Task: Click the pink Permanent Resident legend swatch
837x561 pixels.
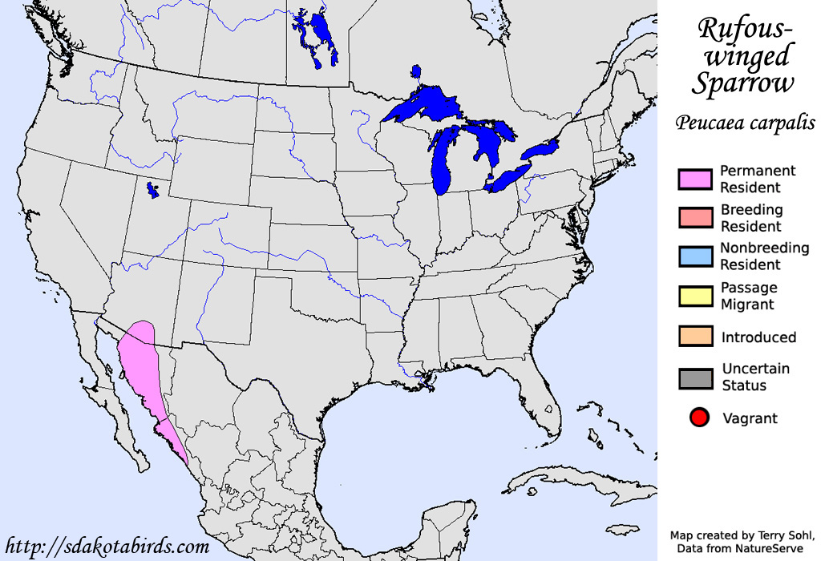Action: pyautogui.click(x=694, y=180)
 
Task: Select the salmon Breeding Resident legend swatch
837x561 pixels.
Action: pyautogui.click(x=694, y=218)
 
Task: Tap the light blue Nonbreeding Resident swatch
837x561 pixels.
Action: pyautogui.click(x=694, y=256)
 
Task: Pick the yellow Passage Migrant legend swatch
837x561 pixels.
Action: pyautogui.click(x=694, y=296)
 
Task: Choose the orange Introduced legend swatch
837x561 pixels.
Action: pyautogui.click(x=694, y=337)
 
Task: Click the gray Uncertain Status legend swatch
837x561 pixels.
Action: pyautogui.click(x=694, y=377)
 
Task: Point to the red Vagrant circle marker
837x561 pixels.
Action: pyautogui.click(x=699, y=418)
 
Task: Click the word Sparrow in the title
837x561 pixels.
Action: pyautogui.click(x=745, y=83)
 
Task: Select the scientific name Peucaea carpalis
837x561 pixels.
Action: pyautogui.click(x=745, y=123)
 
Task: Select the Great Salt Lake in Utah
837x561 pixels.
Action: pyautogui.click(x=152, y=190)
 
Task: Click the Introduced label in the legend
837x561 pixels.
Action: pyautogui.click(x=758, y=337)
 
